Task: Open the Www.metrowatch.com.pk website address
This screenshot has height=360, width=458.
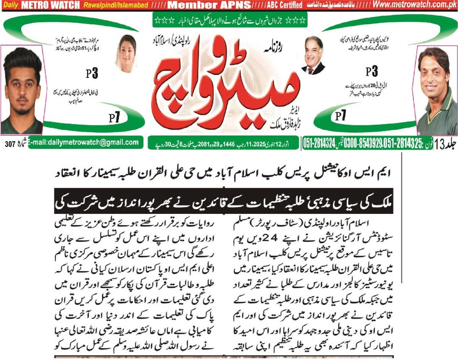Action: (409, 6)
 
